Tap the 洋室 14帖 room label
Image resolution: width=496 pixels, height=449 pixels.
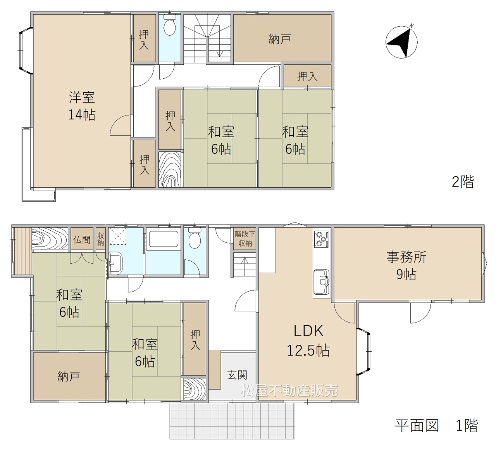[x=82, y=106]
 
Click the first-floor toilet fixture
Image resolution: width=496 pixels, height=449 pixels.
[x=195, y=238]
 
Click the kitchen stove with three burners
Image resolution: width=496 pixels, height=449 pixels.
[x=322, y=239]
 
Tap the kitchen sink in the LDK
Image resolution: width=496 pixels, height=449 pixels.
[x=322, y=281]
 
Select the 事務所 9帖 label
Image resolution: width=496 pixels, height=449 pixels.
[x=406, y=266]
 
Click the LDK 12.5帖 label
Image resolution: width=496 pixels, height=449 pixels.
[x=308, y=340]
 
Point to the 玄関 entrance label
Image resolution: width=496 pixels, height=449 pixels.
[x=237, y=375]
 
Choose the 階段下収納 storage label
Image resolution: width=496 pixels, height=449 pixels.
[x=245, y=238]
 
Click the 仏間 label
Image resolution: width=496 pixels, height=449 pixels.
[x=82, y=239]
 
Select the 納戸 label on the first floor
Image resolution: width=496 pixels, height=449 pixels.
[x=69, y=376]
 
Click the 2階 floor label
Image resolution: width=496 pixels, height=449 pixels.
[x=463, y=182]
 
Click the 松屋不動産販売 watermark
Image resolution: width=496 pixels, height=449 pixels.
[x=289, y=390]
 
